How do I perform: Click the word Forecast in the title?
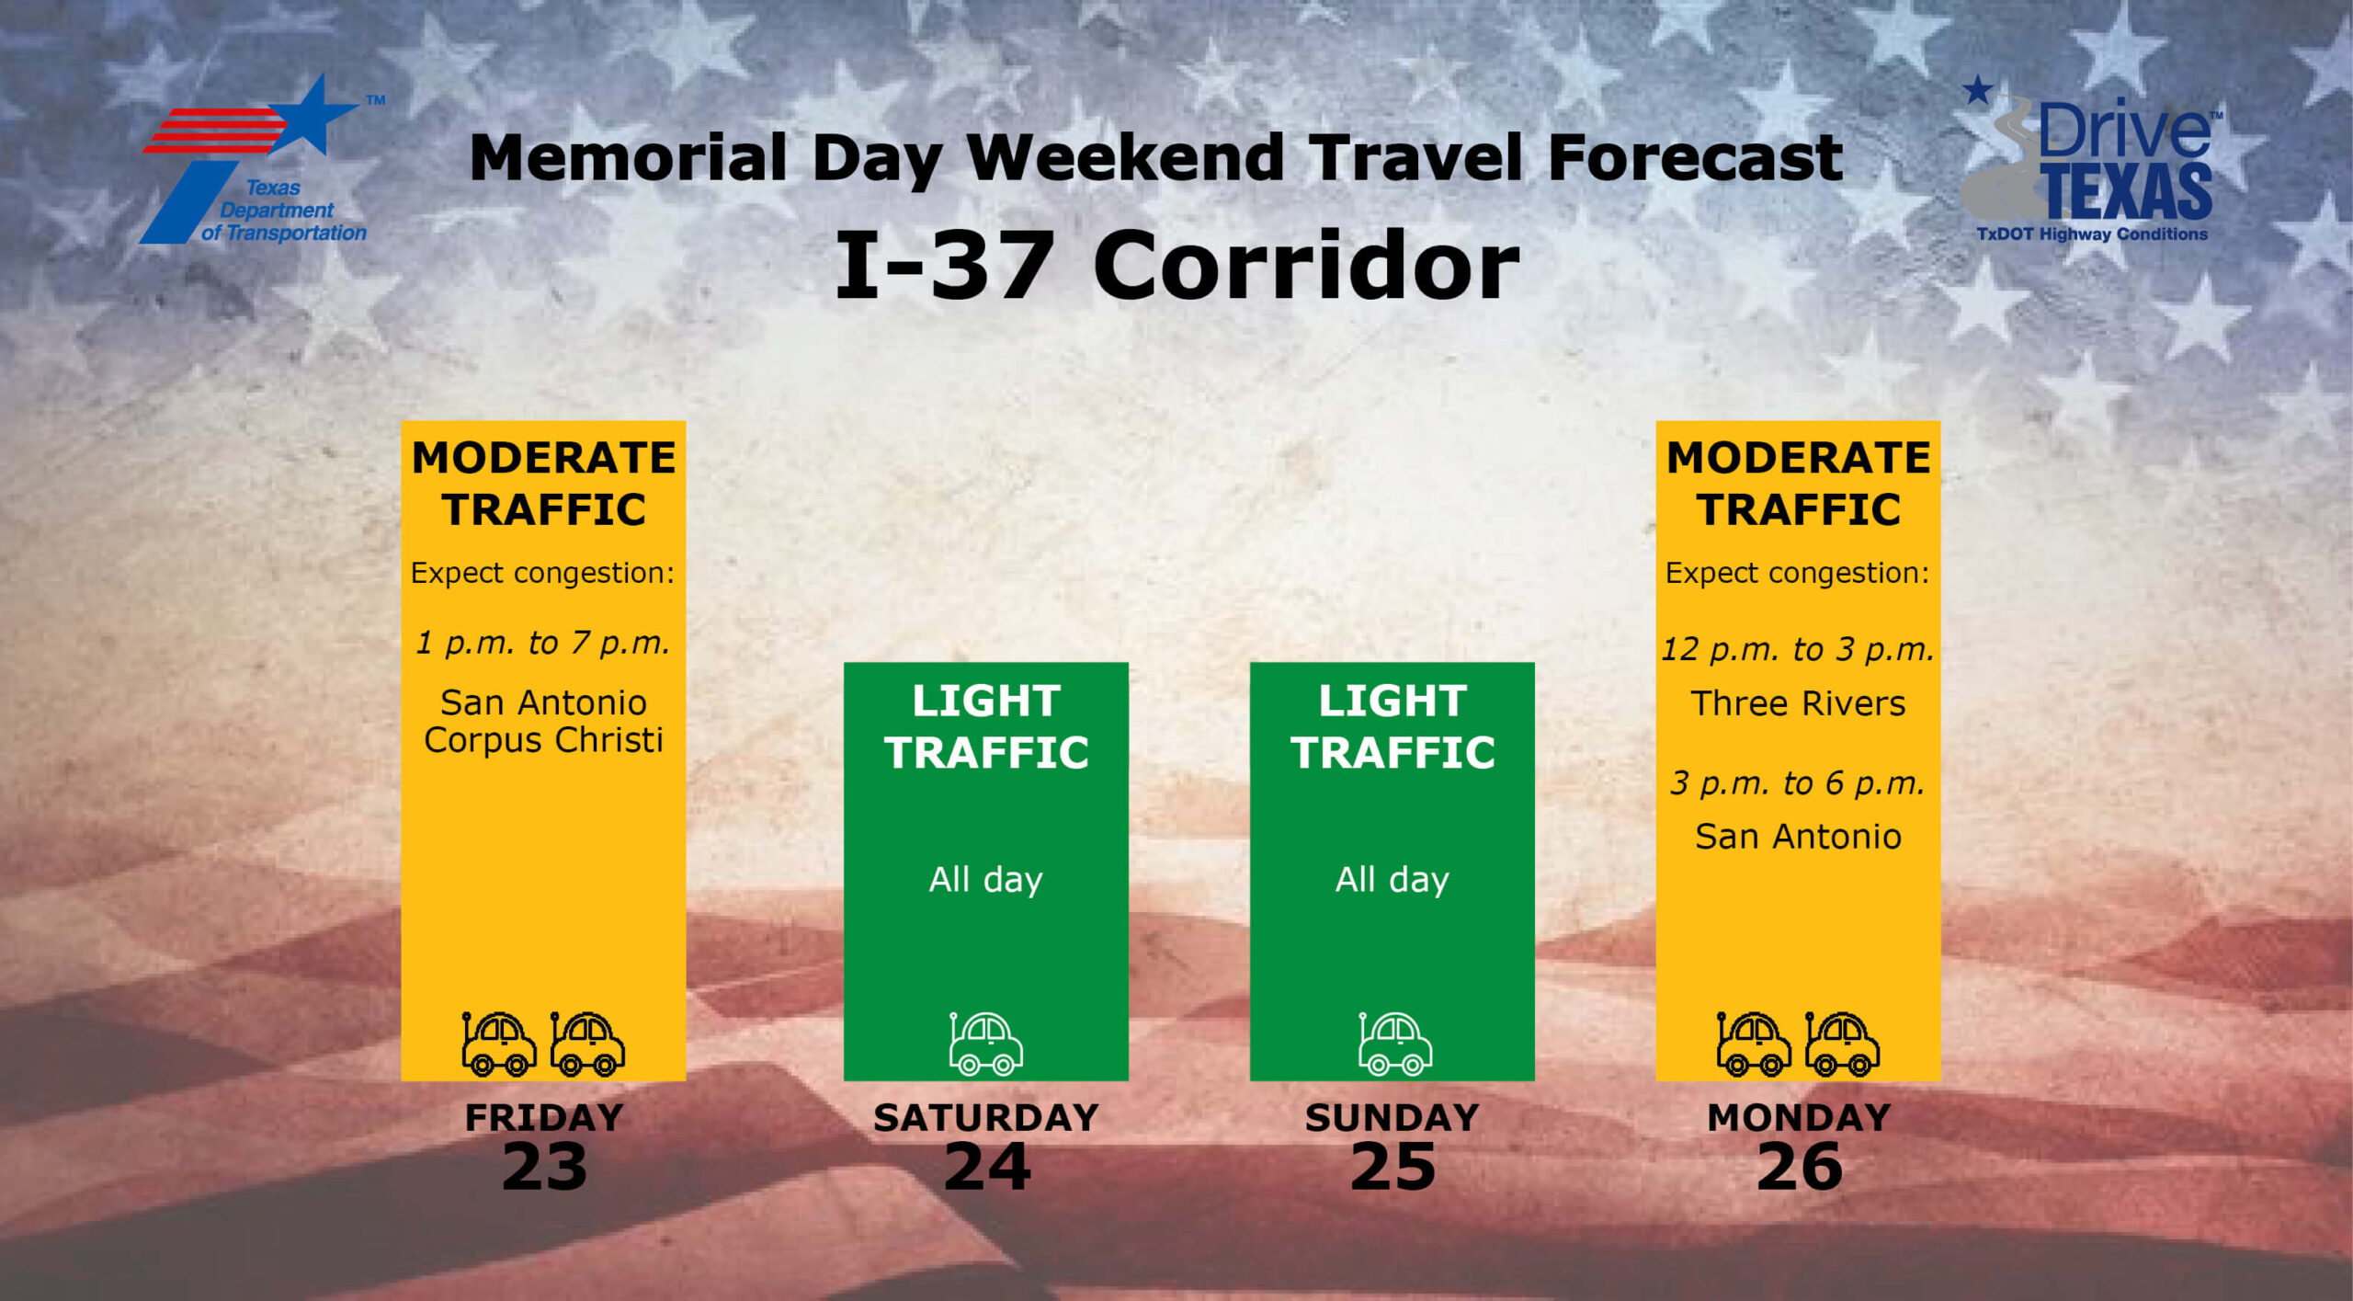[x=1695, y=157]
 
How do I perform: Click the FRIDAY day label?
[x=544, y=1117]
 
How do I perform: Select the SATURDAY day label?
[x=986, y=1117]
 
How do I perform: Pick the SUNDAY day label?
[x=1392, y=1117]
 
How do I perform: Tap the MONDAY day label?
[x=1799, y=1117]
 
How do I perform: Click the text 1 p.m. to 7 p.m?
[x=543, y=643]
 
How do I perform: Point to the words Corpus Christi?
[x=543, y=740]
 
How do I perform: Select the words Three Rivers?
[x=1798, y=703]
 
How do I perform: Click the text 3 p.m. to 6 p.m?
[x=1798, y=782]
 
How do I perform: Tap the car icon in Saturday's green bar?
[x=986, y=1044]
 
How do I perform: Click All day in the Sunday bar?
[x=1392, y=880]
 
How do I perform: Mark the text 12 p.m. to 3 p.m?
[x=1798, y=649]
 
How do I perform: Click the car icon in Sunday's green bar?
[x=1395, y=1044]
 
